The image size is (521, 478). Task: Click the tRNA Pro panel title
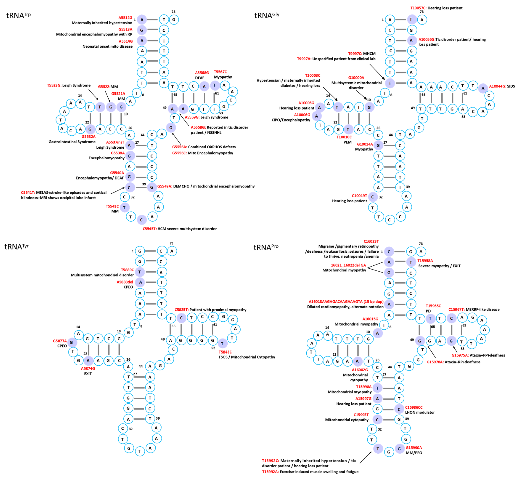(266, 247)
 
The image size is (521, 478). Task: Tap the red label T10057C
(418, 8)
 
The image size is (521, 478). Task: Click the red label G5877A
(60, 341)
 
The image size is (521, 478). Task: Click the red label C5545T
(149, 229)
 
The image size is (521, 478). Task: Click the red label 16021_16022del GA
(348, 265)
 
